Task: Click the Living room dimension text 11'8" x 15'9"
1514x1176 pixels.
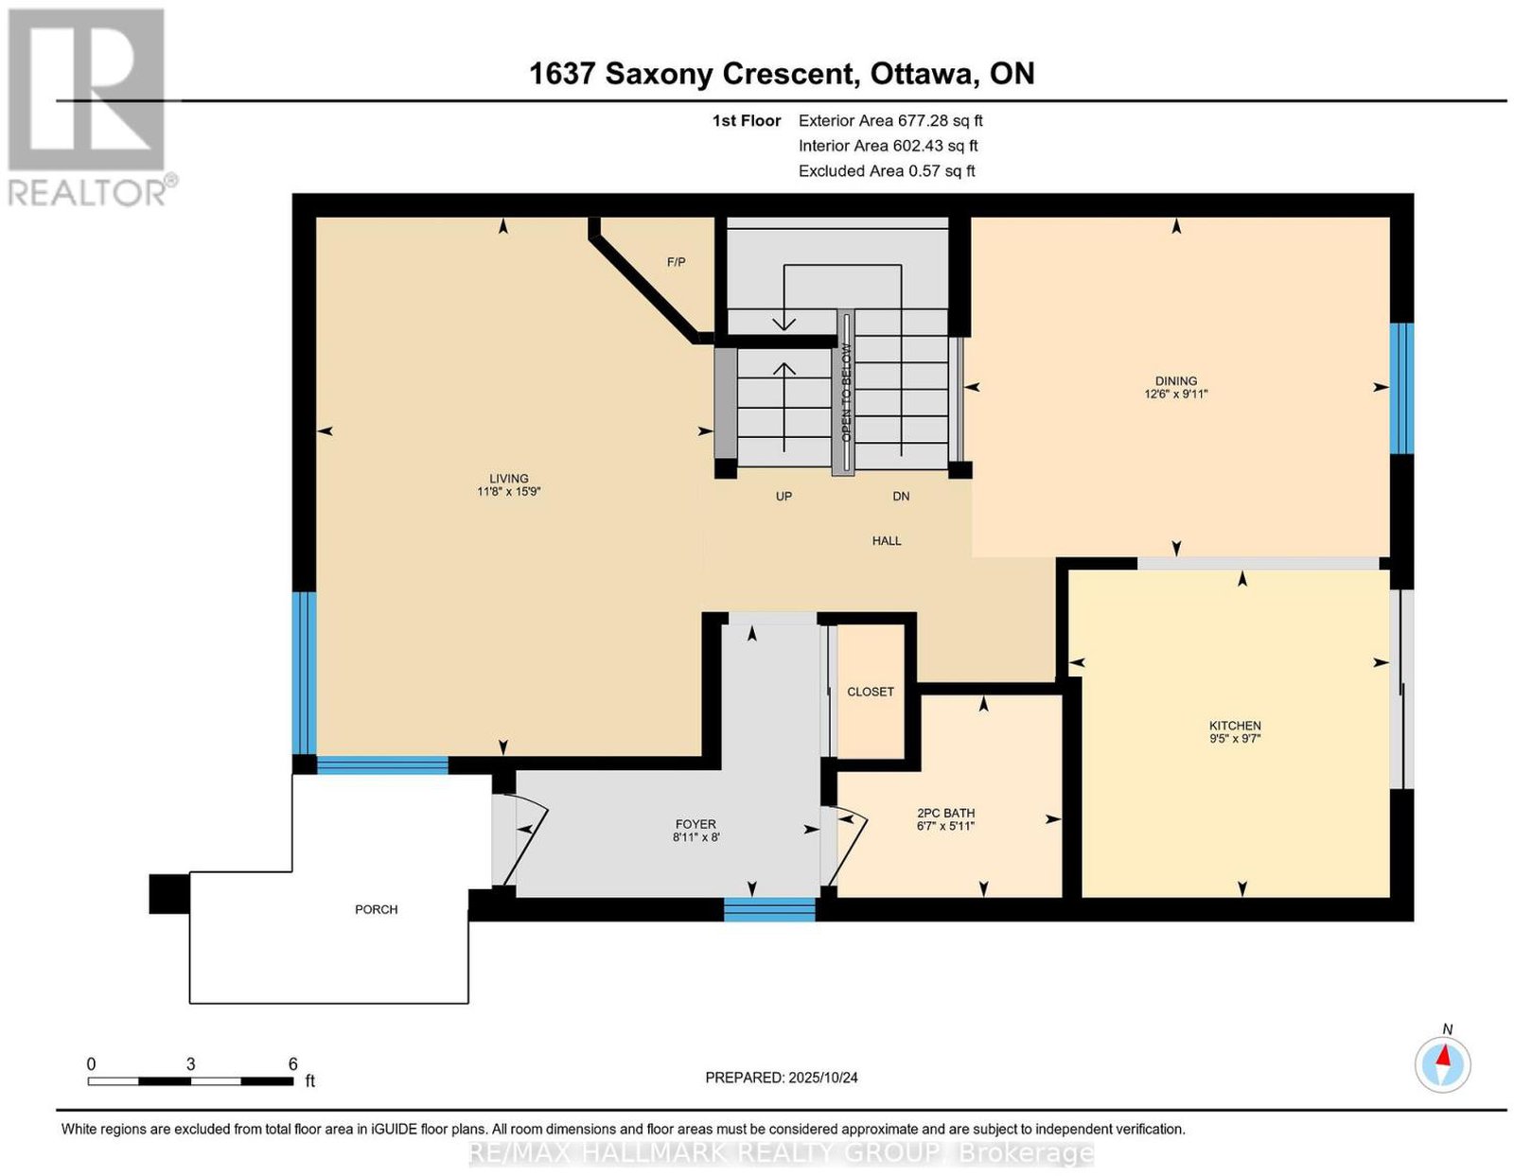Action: (509, 492)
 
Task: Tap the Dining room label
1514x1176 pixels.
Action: (1176, 381)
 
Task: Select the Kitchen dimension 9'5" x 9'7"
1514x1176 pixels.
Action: (1235, 739)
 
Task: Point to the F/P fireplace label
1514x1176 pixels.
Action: (676, 262)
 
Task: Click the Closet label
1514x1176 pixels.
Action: (871, 692)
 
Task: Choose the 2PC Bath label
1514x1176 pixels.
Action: (945, 813)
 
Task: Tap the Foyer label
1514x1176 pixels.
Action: (695, 824)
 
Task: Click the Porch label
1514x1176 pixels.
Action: (377, 909)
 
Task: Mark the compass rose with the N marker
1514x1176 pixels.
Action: (1442, 1064)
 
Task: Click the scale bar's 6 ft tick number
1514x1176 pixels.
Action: (293, 1063)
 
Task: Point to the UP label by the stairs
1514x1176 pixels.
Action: (783, 497)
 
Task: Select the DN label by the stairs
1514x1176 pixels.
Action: (901, 497)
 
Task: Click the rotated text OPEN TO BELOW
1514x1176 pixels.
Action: (846, 393)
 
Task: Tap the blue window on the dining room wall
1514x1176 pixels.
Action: (1401, 388)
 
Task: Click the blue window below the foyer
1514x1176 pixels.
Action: (769, 909)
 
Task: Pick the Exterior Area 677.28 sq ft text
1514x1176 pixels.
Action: (890, 120)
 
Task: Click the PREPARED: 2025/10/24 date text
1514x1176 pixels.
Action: (782, 1077)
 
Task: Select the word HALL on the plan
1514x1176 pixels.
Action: (887, 540)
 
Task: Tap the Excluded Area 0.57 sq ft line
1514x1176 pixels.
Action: (887, 170)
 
